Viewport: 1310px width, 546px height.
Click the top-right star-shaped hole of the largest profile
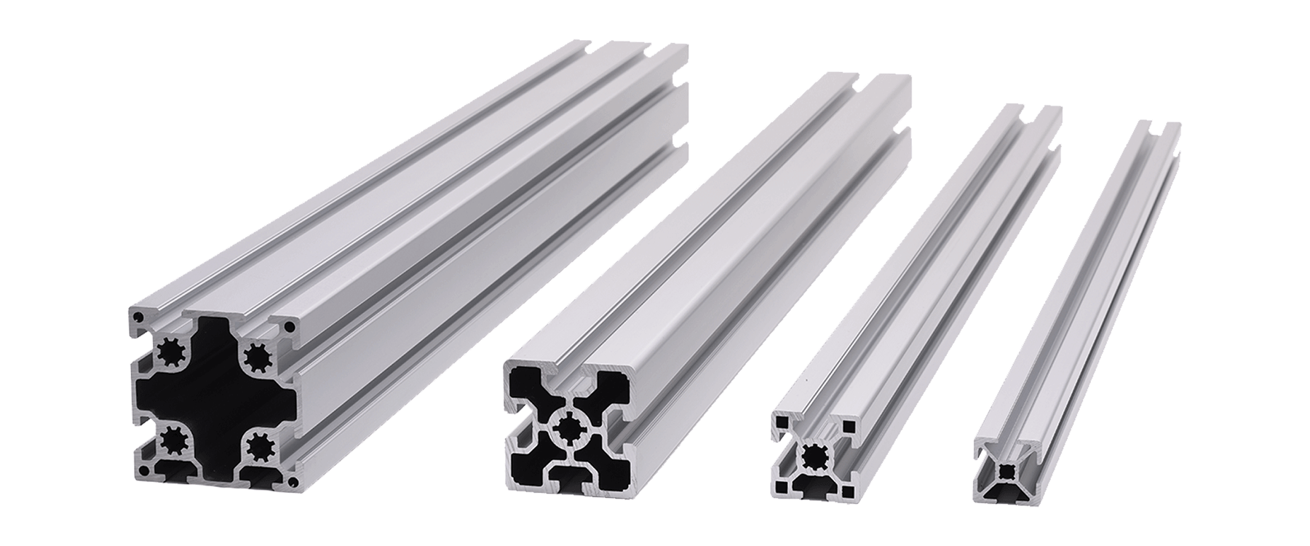pos(256,357)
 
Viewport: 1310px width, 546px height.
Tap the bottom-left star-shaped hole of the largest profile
pos(173,439)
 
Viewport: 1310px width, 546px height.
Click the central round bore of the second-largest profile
pos(568,428)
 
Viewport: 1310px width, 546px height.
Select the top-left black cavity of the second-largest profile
pos(528,386)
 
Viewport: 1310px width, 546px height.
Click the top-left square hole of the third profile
pos(782,420)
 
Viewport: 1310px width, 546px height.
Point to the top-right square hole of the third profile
pos(848,424)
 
